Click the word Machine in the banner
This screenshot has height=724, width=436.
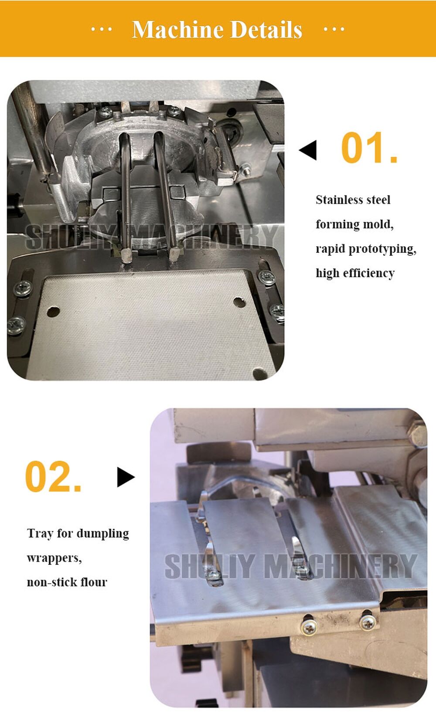click(x=177, y=30)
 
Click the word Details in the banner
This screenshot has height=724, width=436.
click(x=266, y=30)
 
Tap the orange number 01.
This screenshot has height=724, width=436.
click(x=369, y=148)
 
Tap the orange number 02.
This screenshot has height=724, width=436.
click(x=53, y=477)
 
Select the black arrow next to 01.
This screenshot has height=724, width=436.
click(x=308, y=150)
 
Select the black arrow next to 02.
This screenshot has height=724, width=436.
click(x=126, y=477)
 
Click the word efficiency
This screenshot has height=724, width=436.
click(x=368, y=273)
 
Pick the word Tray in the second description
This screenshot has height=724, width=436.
click(x=40, y=534)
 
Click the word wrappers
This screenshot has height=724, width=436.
click(x=54, y=558)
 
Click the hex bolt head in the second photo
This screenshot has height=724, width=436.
click(x=418, y=434)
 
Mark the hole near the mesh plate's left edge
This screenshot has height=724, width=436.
click(x=53, y=312)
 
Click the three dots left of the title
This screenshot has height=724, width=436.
click(x=101, y=30)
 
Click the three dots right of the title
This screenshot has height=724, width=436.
click(x=334, y=30)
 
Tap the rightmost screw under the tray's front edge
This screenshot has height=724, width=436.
click(x=368, y=622)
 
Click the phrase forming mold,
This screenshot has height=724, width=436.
click(x=354, y=224)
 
